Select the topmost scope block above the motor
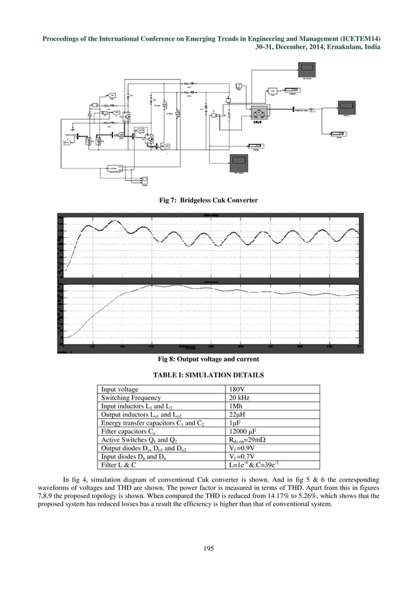tap(306, 69)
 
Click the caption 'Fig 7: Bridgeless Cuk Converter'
tap(208, 199)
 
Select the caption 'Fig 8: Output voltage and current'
tap(208, 359)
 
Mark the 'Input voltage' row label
tap(120, 389)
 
